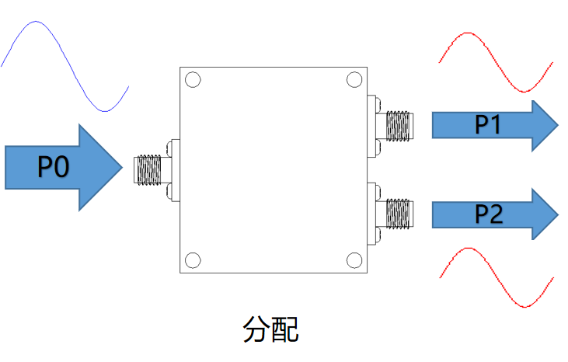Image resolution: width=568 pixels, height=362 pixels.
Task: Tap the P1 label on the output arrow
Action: click(487, 125)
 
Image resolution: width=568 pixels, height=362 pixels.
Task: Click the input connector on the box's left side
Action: click(150, 169)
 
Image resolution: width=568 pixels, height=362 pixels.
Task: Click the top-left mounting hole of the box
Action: click(193, 79)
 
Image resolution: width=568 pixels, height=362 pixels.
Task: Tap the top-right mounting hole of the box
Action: click(354, 79)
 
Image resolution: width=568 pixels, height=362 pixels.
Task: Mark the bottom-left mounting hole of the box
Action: click(193, 259)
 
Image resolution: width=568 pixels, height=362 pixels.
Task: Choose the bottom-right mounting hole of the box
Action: click(354, 259)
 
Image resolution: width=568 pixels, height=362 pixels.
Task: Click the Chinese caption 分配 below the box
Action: click(271, 329)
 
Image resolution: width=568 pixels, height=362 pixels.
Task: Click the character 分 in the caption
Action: click(257, 329)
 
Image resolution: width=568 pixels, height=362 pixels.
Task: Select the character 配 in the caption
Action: click(285, 329)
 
